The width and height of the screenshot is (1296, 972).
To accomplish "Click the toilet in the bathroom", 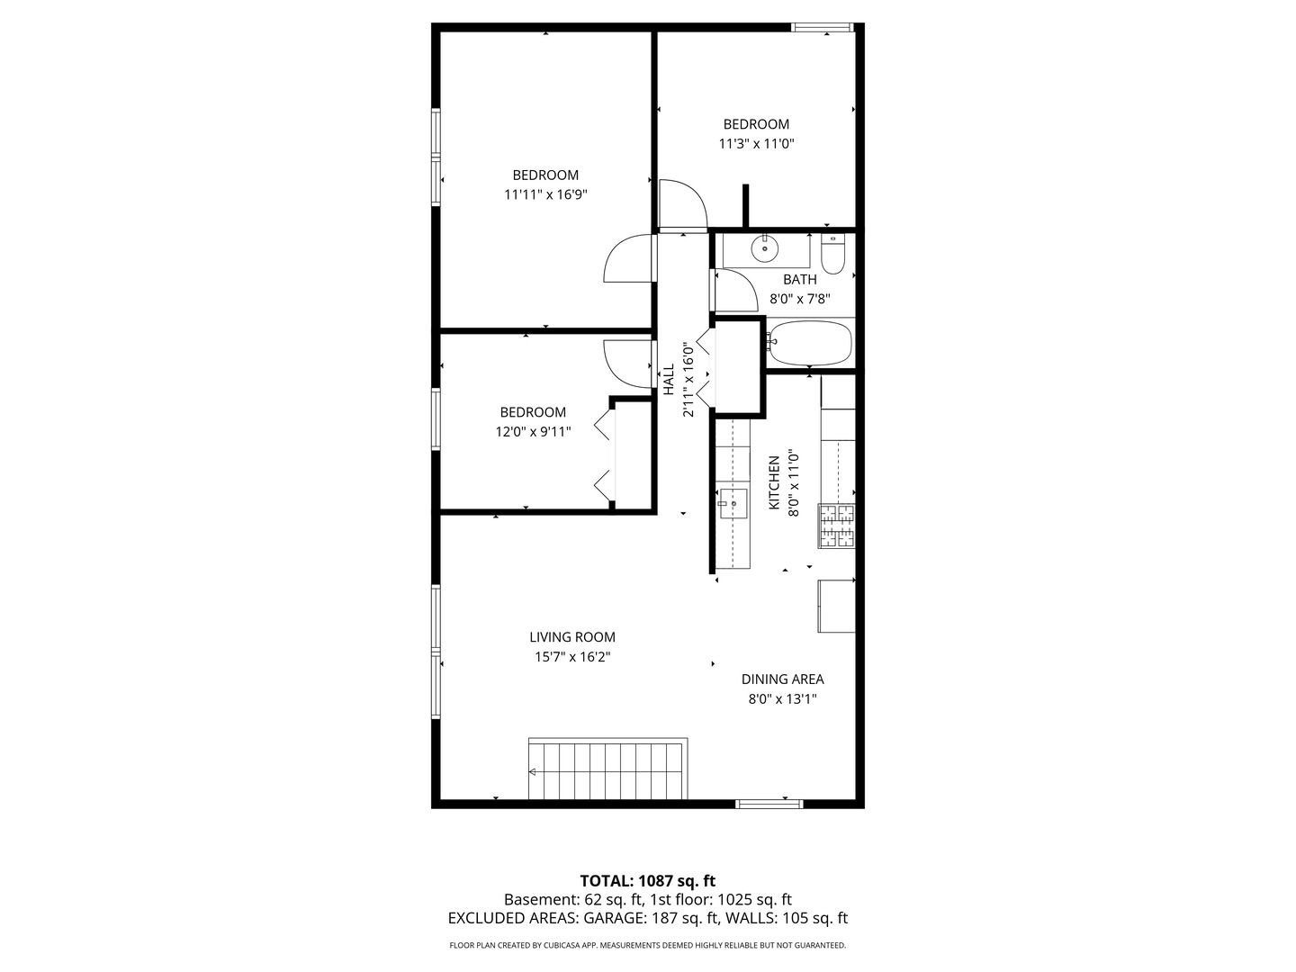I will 833,256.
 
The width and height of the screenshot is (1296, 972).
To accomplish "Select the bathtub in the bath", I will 810,344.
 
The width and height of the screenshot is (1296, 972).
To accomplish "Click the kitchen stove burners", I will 836,526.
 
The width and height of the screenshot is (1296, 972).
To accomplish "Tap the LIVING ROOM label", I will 572,637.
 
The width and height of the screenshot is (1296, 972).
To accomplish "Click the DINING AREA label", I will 782,679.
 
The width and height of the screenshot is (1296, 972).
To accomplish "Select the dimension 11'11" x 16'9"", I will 545,194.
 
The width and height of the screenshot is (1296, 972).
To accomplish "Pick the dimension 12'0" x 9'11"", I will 533,432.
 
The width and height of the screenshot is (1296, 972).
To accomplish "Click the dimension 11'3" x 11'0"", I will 756,144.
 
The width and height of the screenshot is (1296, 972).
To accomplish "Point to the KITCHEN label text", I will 774,482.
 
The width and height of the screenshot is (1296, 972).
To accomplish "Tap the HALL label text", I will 669,379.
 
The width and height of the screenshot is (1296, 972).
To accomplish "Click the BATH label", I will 799,280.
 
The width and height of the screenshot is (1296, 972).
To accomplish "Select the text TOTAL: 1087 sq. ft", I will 647,880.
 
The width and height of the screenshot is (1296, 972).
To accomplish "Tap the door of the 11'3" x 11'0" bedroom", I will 682,204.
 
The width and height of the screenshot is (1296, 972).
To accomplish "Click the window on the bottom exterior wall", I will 769,803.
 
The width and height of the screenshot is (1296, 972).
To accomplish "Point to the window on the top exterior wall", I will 823,27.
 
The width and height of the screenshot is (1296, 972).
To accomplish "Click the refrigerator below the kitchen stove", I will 836,606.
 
